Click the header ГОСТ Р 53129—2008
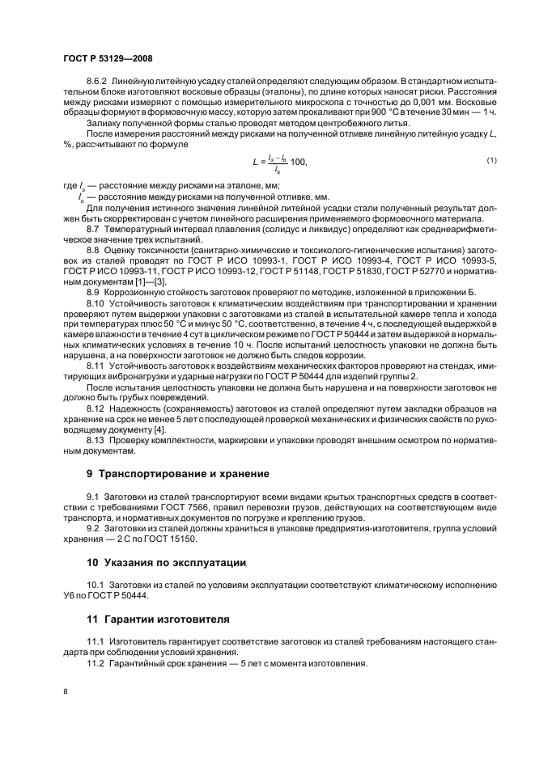point(107,59)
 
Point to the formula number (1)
point(491,162)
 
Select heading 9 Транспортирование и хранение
point(172,473)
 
